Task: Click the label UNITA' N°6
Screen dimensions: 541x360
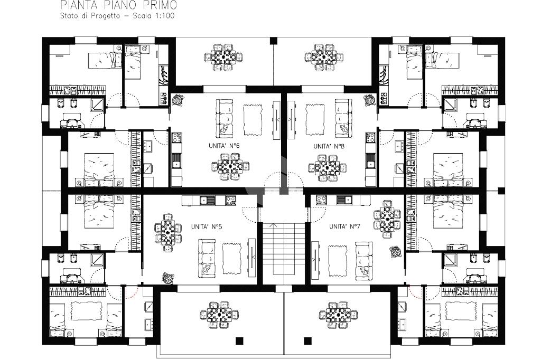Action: [224, 146]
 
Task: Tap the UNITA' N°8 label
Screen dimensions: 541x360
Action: [329, 146]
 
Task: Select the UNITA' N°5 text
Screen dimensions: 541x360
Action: [207, 226]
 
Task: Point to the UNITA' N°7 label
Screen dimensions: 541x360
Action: [344, 226]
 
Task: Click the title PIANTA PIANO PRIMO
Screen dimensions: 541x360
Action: [119, 5]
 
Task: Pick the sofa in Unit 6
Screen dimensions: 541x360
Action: [223, 117]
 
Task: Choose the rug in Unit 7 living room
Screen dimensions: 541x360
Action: [338, 261]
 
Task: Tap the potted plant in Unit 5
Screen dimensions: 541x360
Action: [168, 278]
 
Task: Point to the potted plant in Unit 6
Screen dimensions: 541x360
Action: [178, 99]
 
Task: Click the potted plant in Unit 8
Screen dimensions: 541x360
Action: [369, 100]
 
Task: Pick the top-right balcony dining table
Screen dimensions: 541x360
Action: [324, 57]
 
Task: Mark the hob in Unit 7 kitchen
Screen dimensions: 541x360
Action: [322, 200]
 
